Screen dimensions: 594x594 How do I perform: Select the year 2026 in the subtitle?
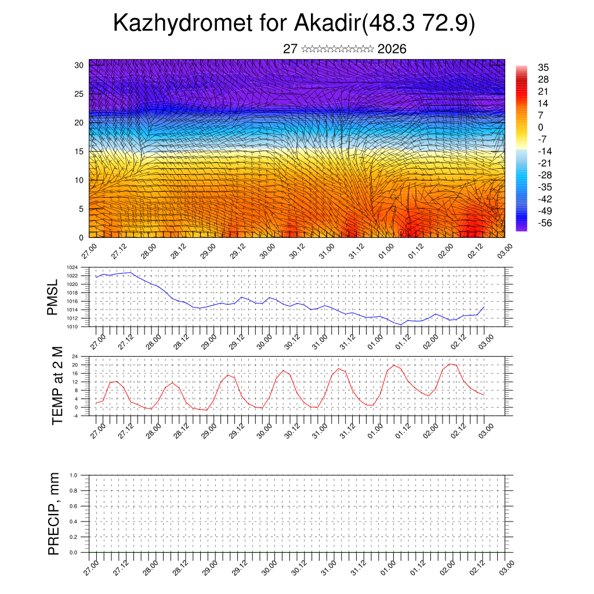pyautogui.click(x=392, y=49)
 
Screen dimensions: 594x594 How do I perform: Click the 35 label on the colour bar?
pyautogui.click(x=544, y=67)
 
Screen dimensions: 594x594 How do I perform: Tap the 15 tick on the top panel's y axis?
pyautogui.click(x=79, y=151)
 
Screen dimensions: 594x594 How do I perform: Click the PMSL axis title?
pyautogui.click(x=53, y=298)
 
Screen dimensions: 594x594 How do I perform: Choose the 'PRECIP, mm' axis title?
pyautogui.click(x=54, y=513)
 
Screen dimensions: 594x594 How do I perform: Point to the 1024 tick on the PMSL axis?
pyautogui.click(x=73, y=267)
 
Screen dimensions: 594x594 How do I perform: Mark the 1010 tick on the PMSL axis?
pyautogui.click(x=73, y=327)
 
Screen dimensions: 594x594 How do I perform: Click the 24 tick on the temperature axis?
pyautogui.click(x=75, y=356)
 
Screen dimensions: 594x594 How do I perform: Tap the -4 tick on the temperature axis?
pyautogui.click(x=75, y=415)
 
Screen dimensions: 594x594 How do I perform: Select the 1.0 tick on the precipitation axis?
pyautogui.click(x=74, y=475)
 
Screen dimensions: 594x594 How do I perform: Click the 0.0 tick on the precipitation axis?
pyautogui.click(x=74, y=552)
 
